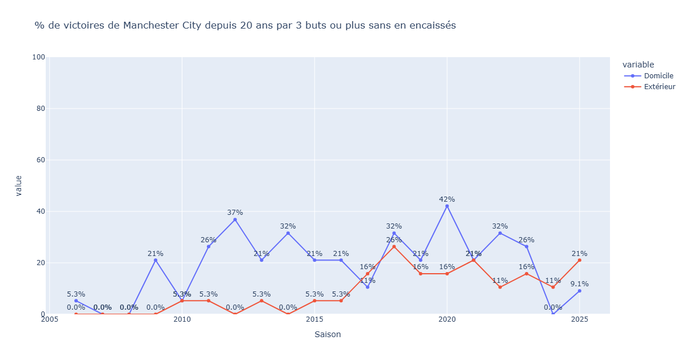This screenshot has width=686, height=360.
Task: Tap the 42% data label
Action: click(447, 199)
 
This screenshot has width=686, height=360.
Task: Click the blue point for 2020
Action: click(447, 206)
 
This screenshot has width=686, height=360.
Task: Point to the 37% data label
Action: click(235, 213)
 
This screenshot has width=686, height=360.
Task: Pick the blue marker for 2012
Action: click(235, 219)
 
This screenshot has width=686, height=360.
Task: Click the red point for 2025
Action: click(580, 260)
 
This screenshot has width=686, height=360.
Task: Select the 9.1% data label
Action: click(580, 284)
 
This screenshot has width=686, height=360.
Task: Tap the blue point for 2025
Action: click(580, 291)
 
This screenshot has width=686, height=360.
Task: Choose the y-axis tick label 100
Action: click(39, 57)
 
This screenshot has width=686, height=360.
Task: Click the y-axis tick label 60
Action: click(41, 160)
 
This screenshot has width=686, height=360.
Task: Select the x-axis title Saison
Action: click(328, 334)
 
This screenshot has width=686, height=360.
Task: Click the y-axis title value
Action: click(19, 186)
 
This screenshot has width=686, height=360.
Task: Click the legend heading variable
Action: click(639, 65)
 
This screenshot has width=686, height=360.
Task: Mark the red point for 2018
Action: click(394, 247)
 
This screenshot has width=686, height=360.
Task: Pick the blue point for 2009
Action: click(155, 260)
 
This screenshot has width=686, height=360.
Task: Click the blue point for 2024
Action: click(553, 314)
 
